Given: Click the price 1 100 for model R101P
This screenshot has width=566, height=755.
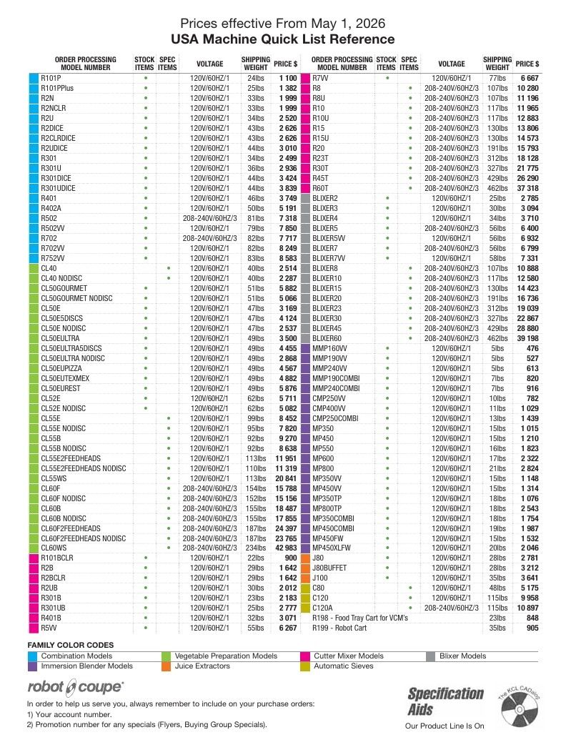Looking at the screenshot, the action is [288, 78].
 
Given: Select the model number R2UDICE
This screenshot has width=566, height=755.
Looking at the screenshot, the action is [54, 148].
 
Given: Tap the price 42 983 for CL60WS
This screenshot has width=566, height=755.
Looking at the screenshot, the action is [286, 548].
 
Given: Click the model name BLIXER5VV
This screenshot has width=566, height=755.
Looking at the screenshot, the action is [329, 238].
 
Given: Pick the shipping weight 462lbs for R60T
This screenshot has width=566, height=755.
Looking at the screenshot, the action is [497, 188].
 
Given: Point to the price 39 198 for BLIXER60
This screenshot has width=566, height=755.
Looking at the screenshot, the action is [527, 338].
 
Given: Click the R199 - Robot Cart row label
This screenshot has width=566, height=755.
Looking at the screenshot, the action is [339, 628].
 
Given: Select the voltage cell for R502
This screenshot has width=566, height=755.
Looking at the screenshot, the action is [210, 218].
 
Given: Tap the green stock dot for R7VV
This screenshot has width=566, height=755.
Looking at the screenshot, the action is [387, 78].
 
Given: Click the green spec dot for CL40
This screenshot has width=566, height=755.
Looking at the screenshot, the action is [169, 268].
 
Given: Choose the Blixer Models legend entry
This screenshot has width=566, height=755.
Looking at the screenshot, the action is [462, 656].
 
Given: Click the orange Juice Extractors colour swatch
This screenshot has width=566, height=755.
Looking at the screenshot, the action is [166, 666].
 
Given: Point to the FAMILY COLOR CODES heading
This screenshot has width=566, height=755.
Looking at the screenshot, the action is [71, 645].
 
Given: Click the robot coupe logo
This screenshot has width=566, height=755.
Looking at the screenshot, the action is [75, 686].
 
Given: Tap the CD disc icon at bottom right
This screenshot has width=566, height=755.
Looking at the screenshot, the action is [520, 709].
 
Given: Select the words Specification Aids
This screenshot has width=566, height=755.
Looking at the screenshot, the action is [445, 701].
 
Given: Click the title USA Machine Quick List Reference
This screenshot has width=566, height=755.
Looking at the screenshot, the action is [282, 39].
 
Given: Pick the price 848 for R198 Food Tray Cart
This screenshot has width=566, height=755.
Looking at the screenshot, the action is [532, 618].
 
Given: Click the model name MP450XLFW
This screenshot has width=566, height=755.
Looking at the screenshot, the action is [332, 548].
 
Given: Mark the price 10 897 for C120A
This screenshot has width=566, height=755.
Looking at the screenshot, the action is [527, 608].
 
